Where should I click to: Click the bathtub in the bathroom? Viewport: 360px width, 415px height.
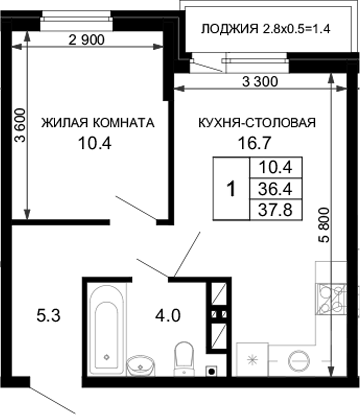104,320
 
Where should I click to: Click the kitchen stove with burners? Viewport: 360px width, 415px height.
327,298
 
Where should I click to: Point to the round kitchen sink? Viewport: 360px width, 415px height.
297,360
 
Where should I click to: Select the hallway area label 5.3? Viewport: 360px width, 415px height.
34,319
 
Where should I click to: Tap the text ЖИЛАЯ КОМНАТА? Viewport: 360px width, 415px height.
97,124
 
